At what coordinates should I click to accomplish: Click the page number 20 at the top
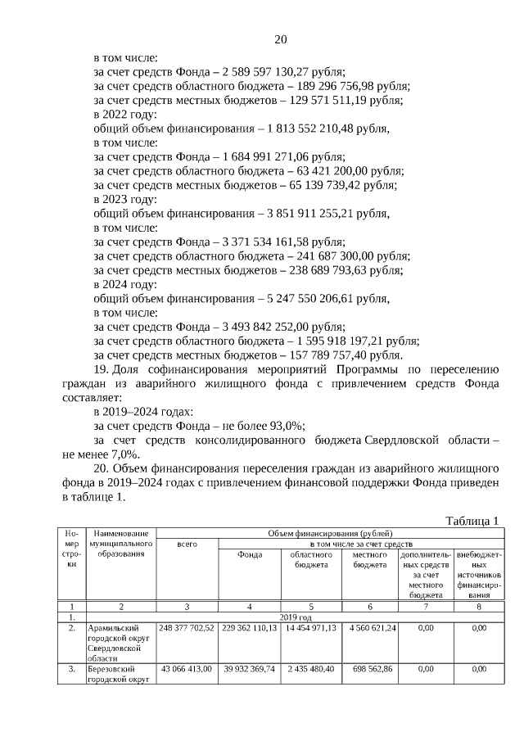click(x=280, y=39)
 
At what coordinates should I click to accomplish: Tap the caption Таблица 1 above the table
click(x=472, y=521)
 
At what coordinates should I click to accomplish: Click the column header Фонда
click(x=250, y=554)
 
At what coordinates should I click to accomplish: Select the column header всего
click(x=187, y=544)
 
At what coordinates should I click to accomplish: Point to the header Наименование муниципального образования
click(x=120, y=544)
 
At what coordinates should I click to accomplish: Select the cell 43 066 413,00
click(x=187, y=668)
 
